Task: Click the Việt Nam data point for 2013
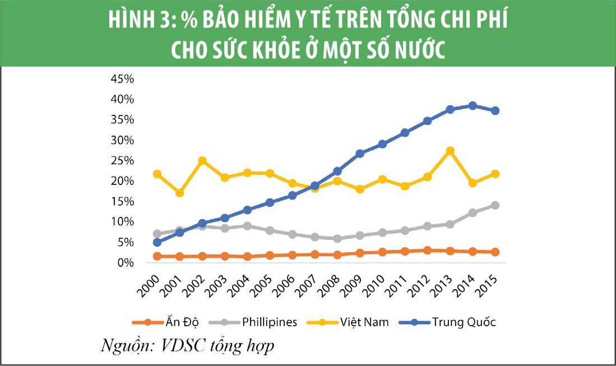pos(450,151)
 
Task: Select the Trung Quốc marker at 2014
pos(472,105)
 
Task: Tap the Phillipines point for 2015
pos(495,205)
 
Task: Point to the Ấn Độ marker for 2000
pos(157,256)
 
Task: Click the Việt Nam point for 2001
pos(179,193)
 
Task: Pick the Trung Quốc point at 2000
pos(157,242)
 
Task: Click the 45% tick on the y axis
pos(123,79)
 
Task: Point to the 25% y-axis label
pos(123,161)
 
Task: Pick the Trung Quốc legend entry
pos(464,322)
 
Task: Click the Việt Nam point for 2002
pos(202,161)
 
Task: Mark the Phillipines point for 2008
pos(337,238)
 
